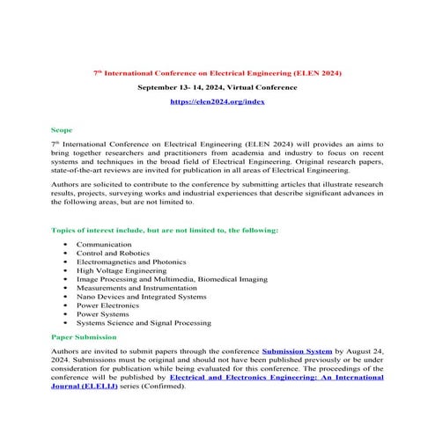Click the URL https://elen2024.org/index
click(217, 103)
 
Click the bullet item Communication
click(104, 243)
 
